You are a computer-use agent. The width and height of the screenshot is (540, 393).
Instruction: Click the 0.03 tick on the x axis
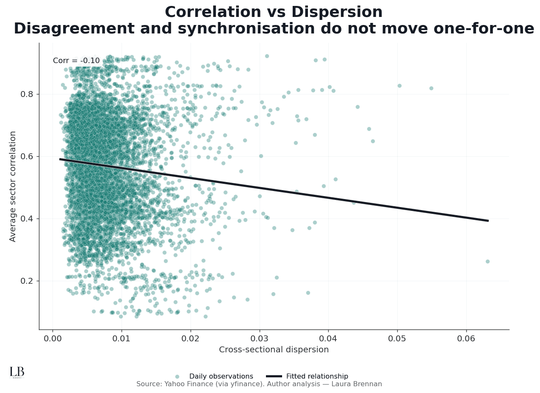tap(259, 338)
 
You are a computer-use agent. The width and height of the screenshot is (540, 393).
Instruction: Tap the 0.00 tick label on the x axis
tap(53, 338)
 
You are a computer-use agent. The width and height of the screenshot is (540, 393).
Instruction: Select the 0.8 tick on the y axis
tap(26, 94)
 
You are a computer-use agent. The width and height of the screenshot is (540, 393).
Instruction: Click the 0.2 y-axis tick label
tap(26, 281)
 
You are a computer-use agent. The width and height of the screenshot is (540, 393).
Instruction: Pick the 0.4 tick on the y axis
tap(26, 219)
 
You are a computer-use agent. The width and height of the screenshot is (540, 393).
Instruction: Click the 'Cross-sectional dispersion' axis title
tap(274, 350)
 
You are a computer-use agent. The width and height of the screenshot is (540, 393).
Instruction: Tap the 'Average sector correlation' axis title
tap(13, 186)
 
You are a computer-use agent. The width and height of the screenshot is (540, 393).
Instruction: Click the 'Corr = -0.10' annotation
tap(76, 61)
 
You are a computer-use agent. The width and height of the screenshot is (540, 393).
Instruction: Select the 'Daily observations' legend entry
tap(221, 376)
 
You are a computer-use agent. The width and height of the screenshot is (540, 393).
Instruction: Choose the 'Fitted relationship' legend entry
tap(317, 376)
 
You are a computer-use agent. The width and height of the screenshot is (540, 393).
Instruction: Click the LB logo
tap(17, 372)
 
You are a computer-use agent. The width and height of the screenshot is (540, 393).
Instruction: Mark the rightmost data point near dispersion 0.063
tap(487, 261)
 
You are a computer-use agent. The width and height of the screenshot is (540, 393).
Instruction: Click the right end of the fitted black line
tap(488, 221)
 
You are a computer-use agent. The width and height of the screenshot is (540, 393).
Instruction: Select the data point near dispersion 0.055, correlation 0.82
tap(431, 88)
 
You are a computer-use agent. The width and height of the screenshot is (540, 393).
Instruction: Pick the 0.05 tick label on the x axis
tap(397, 338)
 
